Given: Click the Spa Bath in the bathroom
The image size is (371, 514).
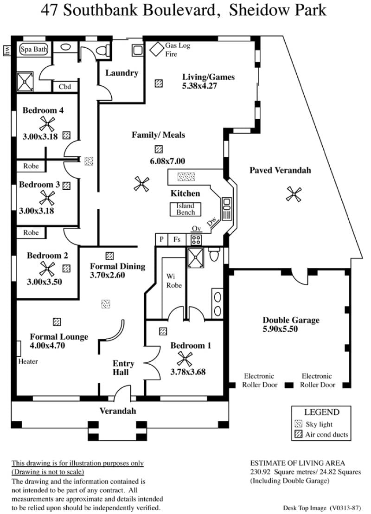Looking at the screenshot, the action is pos(34,50).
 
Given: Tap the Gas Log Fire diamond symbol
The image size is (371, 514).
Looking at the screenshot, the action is pos(157,49).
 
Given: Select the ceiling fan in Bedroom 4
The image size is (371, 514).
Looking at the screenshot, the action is pos(47,123).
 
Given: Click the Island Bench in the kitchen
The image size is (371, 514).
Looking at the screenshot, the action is pos(185,209).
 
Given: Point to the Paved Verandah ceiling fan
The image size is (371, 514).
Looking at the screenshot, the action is pos(294,194).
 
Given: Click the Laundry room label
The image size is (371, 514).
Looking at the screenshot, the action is pos(122,73).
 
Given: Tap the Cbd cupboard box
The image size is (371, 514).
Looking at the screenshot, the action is pos(65,87).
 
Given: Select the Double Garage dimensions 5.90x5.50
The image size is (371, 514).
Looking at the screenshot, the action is pos(280,329).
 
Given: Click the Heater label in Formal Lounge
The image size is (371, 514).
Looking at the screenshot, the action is pos(28,361).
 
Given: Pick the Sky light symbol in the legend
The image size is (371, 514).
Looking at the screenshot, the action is pos(298,424).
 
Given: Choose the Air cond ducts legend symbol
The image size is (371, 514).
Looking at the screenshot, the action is pos(298,434).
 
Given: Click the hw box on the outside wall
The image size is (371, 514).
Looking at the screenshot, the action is pos(7,50).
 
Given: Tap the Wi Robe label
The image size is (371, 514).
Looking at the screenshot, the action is pos(174,281).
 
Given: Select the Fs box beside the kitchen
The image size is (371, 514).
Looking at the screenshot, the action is pos(177,240).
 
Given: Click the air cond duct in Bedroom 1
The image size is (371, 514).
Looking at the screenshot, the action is pos(163,331).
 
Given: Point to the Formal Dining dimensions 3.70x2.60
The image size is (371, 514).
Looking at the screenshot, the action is pos(108,275).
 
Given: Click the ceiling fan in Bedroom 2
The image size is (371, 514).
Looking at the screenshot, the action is pos(47,269).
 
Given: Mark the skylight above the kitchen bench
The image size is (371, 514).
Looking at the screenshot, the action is pos(186,177).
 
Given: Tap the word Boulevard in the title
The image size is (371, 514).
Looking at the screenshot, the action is pos(179,10).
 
